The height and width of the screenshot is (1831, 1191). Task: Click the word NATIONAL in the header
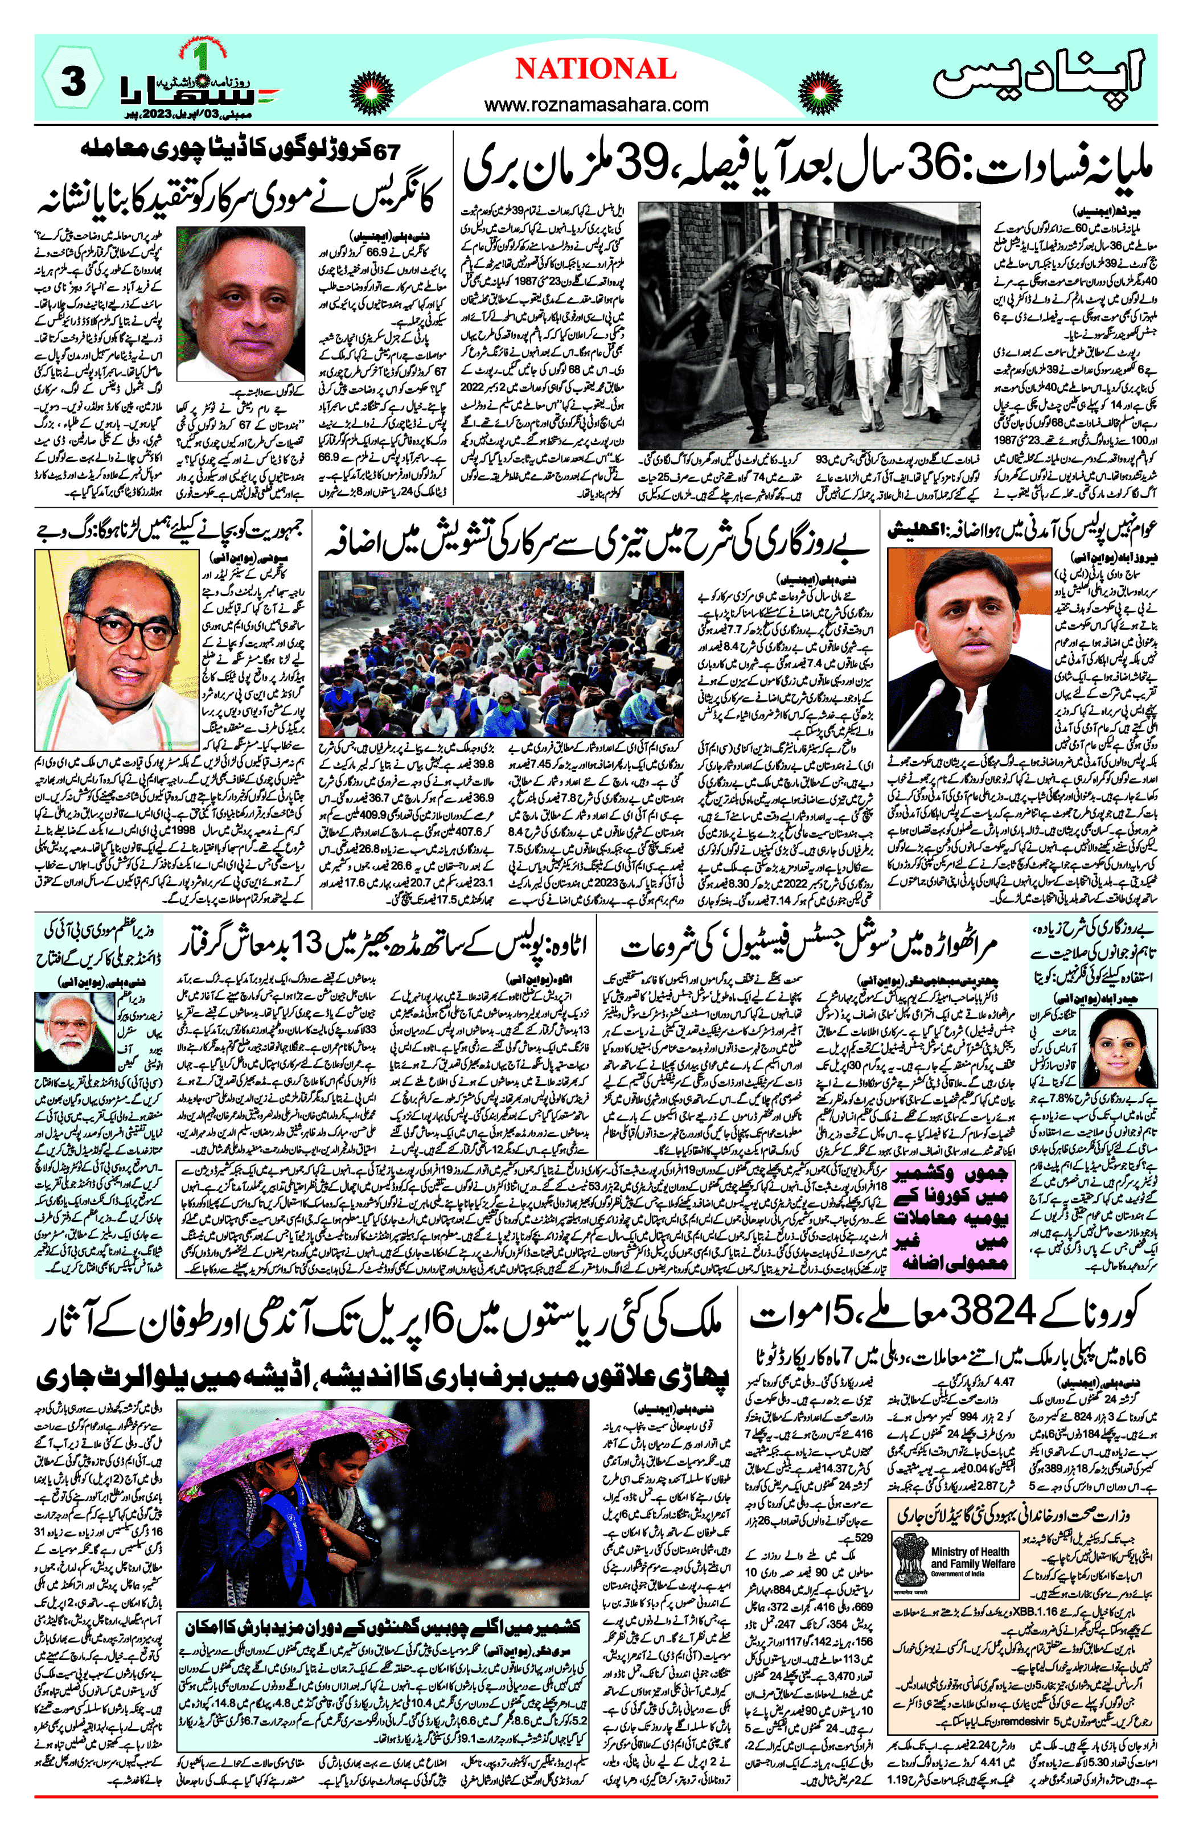[595, 70]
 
